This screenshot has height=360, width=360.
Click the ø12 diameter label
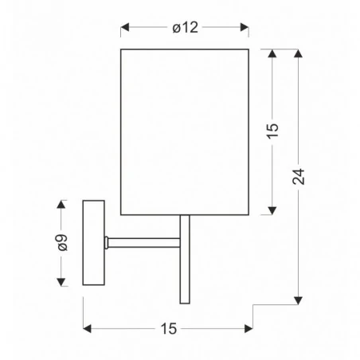[x=185, y=28]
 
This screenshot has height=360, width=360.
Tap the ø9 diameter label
[x=63, y=244]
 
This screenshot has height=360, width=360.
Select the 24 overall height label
[x=299, y=177]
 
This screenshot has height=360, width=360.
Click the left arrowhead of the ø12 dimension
[x=125, y=29]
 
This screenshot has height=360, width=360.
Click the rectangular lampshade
[x=185, y=131]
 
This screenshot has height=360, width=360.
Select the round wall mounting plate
[x=94, y=245]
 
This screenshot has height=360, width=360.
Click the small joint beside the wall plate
[x=106, y=241]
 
